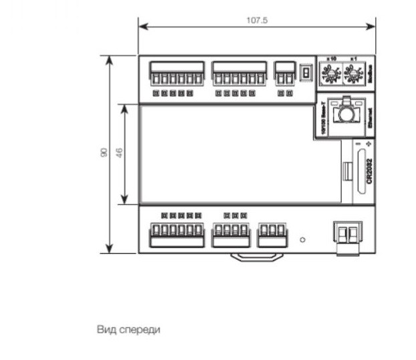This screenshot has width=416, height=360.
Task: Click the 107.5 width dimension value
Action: [256, 21]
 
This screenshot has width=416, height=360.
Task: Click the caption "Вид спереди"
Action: [129, 329]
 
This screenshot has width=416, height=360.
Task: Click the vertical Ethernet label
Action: [369, 115]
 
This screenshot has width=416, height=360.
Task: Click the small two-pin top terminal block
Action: [284, 73]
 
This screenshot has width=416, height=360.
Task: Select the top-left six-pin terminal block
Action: [176, 73]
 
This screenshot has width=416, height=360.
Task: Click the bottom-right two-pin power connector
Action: [347, 236]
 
